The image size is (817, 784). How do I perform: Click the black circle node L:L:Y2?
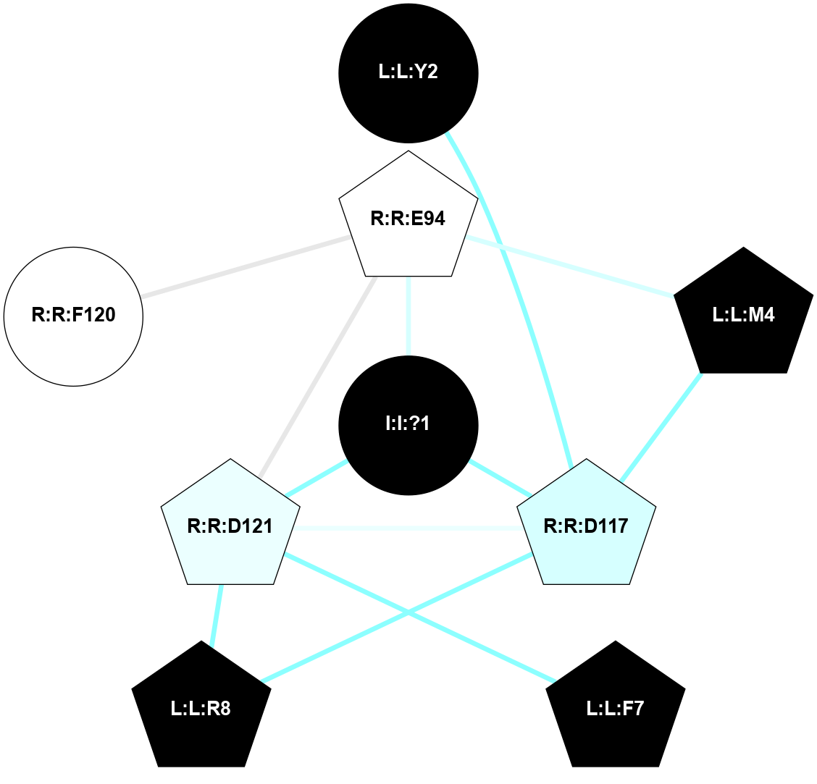408,73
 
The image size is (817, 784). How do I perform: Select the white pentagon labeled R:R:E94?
408,218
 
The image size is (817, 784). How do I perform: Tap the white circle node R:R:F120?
73,316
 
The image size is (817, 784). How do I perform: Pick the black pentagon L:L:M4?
743,316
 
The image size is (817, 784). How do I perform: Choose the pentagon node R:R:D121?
230,526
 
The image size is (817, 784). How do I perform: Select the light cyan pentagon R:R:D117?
586,526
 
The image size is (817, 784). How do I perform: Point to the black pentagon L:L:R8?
201,709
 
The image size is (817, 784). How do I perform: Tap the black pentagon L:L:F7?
615,709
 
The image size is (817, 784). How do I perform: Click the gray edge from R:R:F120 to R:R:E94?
246,266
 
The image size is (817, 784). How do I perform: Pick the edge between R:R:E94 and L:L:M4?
572,266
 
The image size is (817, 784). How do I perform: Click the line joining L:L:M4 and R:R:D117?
661,427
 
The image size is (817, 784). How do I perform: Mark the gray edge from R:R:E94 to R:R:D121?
317,376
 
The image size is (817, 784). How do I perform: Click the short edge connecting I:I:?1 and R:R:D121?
317,477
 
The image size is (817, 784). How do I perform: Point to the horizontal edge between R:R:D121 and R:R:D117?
408,528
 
